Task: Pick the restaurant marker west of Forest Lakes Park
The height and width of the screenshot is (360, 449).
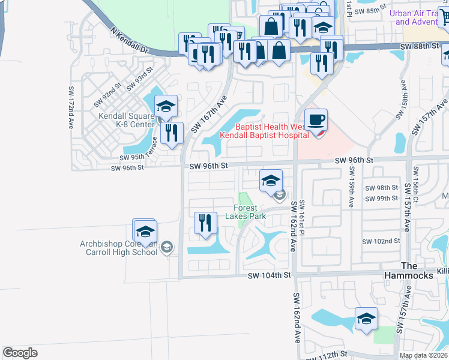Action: point(205,224)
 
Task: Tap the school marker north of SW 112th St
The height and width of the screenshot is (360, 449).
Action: point(366,319)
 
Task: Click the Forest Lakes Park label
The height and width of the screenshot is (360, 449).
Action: point(250,212)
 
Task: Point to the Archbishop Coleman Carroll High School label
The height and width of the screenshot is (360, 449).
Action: point(119,248)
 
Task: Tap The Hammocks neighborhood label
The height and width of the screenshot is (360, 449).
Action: point(409,269)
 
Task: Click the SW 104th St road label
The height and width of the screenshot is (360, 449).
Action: point(270,275)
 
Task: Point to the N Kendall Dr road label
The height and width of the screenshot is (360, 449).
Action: point(128,40)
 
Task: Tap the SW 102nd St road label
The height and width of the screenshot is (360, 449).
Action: point(381,241)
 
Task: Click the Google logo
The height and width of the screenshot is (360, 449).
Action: point(20,353)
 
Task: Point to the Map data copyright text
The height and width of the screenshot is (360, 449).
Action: point(423,355)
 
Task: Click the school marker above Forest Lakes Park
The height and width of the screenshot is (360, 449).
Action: point(271,179)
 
